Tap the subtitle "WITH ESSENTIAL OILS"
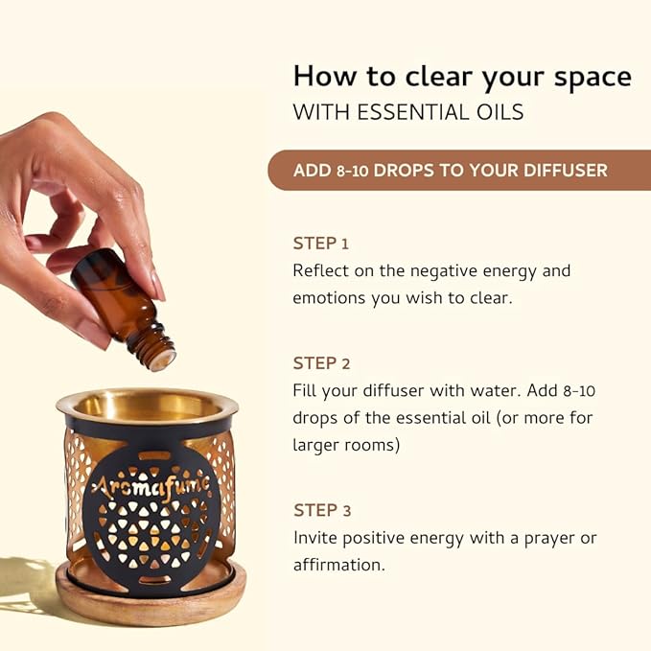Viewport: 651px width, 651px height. pyautogui.click(x=408, y=112)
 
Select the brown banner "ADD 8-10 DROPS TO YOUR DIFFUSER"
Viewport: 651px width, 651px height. pyautogui.click(x=451, y=170)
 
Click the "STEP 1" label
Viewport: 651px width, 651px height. pyautogui.click(x=321, y=243)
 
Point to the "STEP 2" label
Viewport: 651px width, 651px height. pyautogui.click(x=321, y=363)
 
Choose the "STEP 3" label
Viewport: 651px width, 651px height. pyautogui.click(x=321, y=509)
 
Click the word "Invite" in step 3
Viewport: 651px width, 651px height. pyautogui.click(x=316, y=537)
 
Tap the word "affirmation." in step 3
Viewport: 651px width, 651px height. pyautogui.click(x=339, y=565)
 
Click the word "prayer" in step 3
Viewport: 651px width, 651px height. pyautogui.click(x=546, y=538)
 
